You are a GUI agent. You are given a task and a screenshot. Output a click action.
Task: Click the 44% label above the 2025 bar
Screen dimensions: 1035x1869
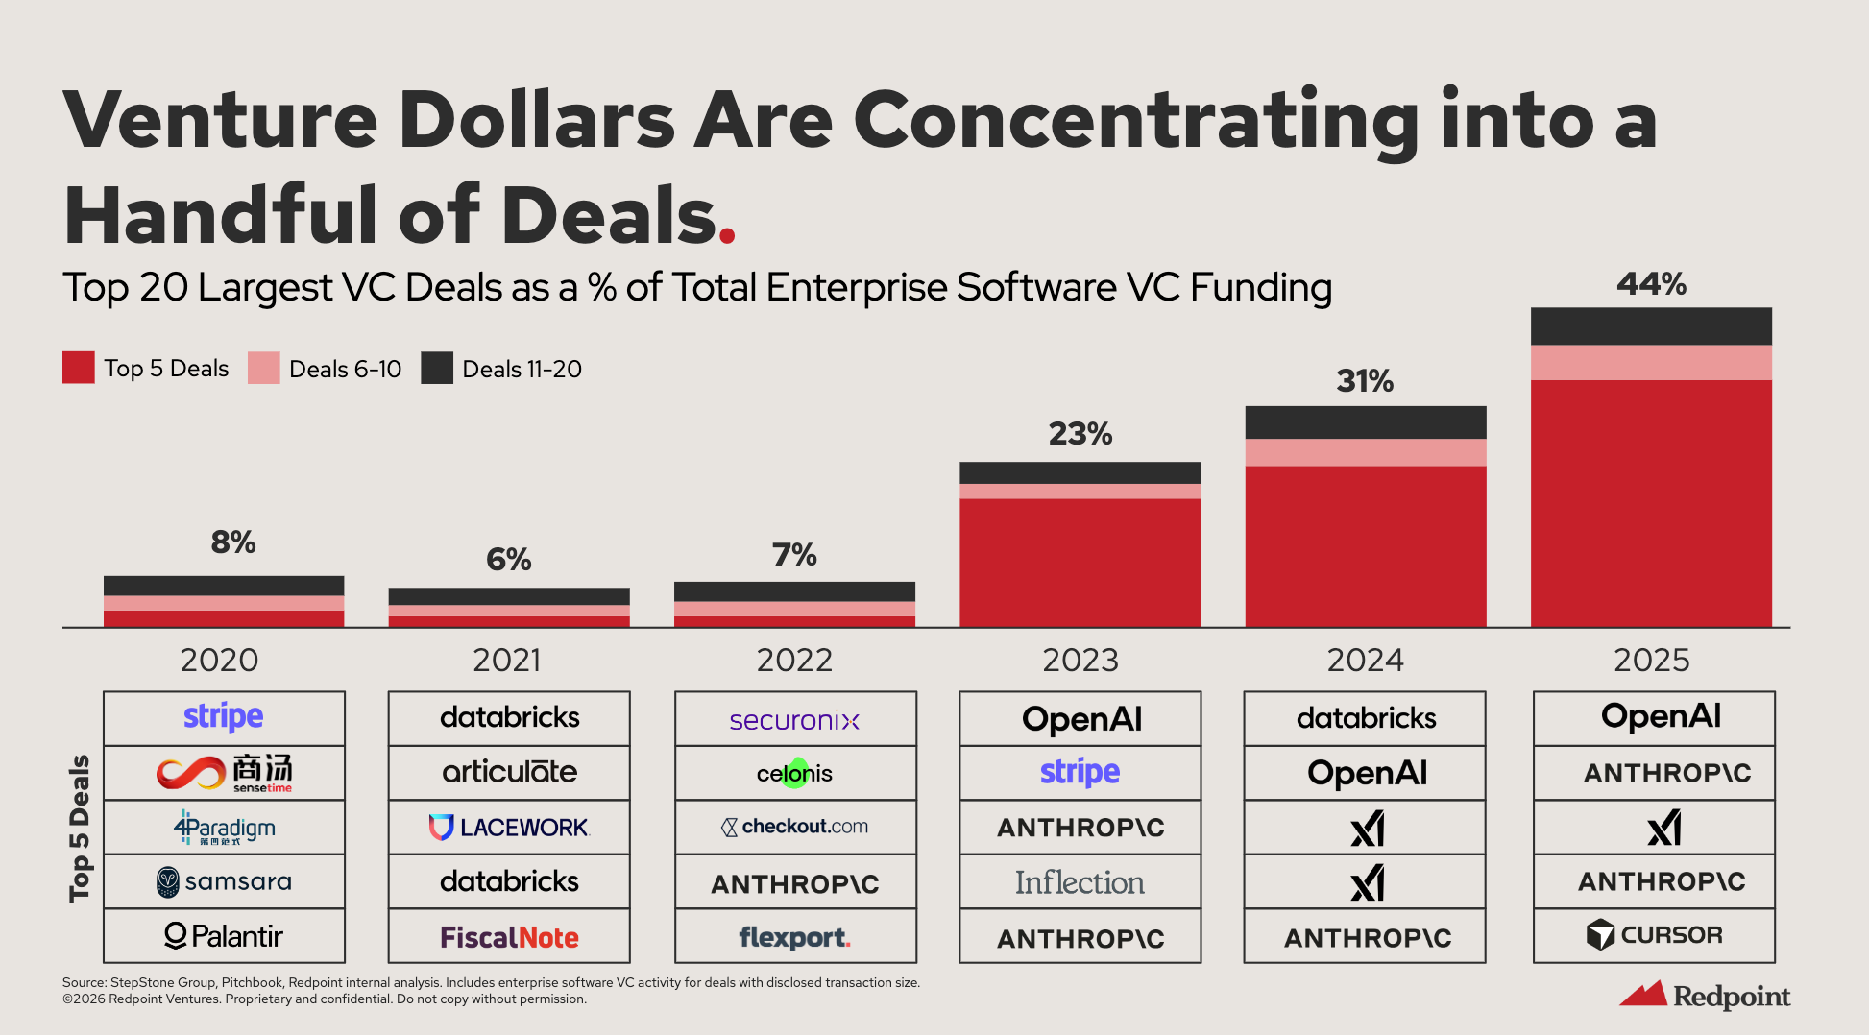[x=1651, y=284]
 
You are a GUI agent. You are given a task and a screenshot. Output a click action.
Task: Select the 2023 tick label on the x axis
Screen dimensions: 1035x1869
[x=1080, y=661]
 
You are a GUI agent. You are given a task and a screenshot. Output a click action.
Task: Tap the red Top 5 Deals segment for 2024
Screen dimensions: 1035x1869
[x=1366, y=546]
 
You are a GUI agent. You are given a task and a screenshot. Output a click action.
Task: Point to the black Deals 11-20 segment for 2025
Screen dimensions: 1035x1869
[x=1651, y=326]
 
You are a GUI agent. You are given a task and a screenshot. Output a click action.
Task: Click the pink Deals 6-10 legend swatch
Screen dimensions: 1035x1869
[x=263, y=369]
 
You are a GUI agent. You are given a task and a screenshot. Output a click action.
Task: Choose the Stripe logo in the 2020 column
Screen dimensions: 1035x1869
[x=224, y=717]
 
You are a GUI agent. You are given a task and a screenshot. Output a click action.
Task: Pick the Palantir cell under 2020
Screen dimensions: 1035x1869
[x=224, y=936]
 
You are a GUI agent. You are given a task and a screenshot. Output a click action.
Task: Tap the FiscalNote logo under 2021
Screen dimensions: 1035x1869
[x=509, y=937]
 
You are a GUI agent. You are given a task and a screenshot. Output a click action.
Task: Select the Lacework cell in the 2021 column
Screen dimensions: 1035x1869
[x=509, y=828]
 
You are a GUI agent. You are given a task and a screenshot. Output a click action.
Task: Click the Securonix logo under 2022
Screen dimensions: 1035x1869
[x=794, y=720]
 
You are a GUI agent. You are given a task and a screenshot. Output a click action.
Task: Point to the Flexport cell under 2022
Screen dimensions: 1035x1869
[x=794, y=937]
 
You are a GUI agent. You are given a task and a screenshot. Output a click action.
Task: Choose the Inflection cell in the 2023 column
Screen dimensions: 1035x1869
[x=1080, y=882]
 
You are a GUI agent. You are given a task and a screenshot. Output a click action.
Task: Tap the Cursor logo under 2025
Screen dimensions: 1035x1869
[x=1654, y=935]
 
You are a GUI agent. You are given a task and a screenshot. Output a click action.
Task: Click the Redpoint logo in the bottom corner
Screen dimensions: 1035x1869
[x=1705, y=996]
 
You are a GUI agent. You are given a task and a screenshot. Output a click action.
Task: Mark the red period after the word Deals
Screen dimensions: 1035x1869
[x=727, y=234]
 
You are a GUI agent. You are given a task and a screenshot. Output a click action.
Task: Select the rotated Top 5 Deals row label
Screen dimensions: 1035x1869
[x=80, y=828]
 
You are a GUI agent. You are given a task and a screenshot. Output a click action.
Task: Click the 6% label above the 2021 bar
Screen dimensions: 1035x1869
[x=509, y=559]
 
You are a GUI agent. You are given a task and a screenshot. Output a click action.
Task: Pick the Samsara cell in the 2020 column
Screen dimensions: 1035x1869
[x=224, y=881]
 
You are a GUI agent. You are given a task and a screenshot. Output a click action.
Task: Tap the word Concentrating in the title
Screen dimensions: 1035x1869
[x=1135, y=122]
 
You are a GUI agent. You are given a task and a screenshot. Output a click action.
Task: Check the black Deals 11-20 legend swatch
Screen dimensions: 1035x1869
[x=437, y=369]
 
